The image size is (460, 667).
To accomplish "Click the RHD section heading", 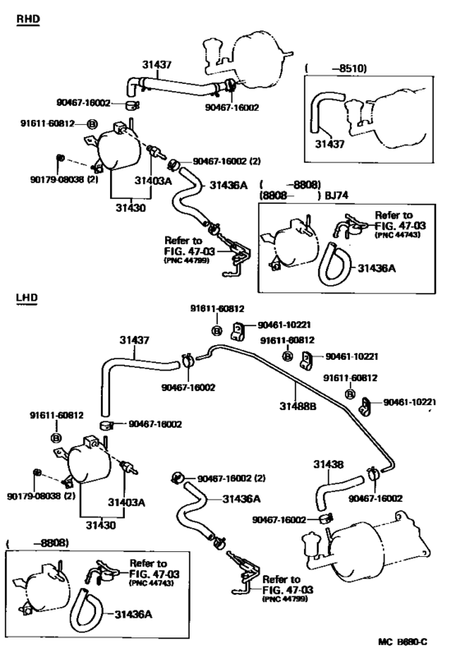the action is [x=28, y=19].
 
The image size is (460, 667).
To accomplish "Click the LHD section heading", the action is [x=27, y=297].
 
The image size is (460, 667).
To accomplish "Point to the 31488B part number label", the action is [x=298, y=407].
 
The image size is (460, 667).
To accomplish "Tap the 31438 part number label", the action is [x=329, y=464].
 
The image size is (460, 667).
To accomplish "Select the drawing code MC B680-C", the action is [x=402, y=654].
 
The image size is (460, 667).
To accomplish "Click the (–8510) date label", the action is [x=336, y=68].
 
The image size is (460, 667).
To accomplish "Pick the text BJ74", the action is [x=336, y=195].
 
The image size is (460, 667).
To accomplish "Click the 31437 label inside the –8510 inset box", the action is [x=329, y=145].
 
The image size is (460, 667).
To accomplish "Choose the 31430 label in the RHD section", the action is [x=131, y=208].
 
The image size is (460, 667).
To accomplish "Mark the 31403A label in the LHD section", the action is [x=126, y=503].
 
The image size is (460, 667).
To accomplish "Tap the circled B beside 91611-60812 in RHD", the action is [x=92, y=124].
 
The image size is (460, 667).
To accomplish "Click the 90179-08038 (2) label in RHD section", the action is [x=64, y=180].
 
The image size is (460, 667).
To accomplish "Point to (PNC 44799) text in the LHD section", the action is [x=285, y=599].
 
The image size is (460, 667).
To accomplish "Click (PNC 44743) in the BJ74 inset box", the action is [x=398, y=235].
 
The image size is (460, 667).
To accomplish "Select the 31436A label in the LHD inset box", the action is [x=133, y=614].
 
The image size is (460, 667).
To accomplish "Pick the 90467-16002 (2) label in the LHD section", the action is [x=231, y=479].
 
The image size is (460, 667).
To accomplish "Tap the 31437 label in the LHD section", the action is [x=135, y=340].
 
